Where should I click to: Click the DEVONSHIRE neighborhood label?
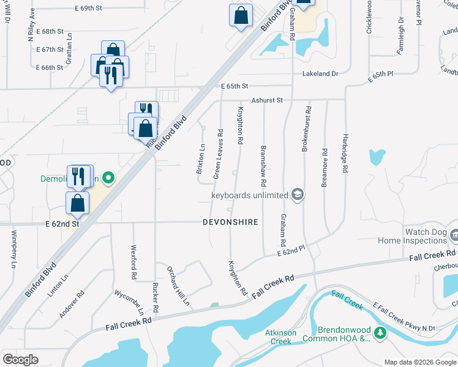[x=230, y=222]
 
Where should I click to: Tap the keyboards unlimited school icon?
[x=298, y=195]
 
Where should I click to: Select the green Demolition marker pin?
[x=108, y=179]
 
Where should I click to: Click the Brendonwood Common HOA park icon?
[x=381, y=333]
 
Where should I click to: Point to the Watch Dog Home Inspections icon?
[x=454, y=234]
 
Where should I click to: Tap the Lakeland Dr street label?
[x=320, y=73]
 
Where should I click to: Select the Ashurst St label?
[x=266, y=100]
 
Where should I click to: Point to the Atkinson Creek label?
[x=281, y=337]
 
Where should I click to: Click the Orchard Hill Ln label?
[x=178, y=285]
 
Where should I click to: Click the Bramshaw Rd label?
[x=263, y=165]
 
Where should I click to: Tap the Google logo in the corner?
[x=20, y=359]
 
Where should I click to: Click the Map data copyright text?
[x=419, y=362]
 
